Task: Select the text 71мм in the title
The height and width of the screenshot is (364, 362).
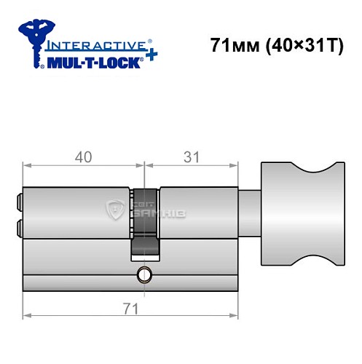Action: (229, 46)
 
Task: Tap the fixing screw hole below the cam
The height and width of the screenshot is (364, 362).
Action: (145, 275)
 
